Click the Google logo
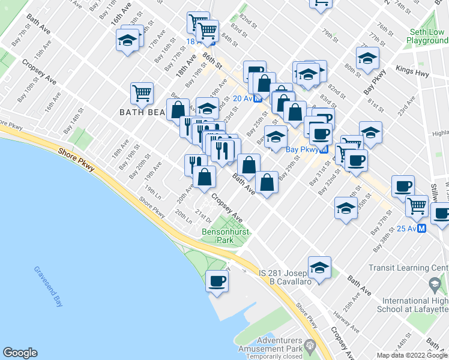pos(20,353)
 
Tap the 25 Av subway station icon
pos(421,228)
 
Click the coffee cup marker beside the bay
pos(216,281)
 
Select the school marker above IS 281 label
pos(319,268)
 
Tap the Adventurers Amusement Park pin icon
pos(310,345)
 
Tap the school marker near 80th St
pos(367,59)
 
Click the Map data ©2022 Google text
pos(412,355)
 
